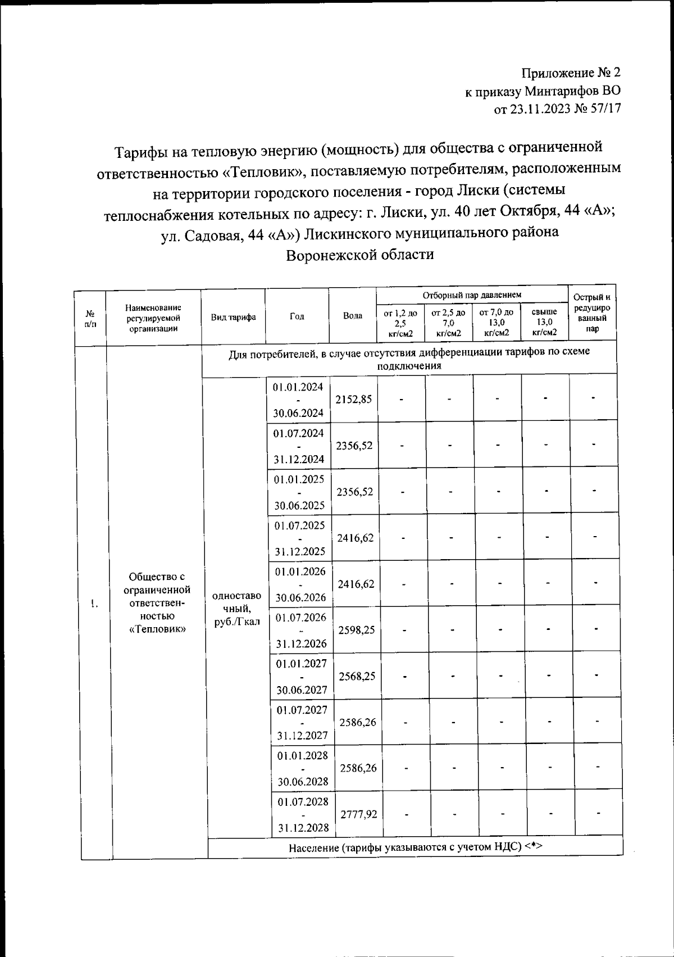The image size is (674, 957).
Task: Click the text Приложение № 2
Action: pos(571,72)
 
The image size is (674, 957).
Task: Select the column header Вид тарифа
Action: pos(233,317)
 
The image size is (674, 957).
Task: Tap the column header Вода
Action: pos(352,316)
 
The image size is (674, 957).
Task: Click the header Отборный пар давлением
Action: pos(472,295)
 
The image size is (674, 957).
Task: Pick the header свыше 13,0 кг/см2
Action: pos(544,321)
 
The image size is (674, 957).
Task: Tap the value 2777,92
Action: pos(359,814)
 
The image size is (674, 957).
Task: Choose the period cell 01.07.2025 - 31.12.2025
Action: pos(299,538)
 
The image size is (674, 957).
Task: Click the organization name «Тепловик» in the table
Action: pos(157,629)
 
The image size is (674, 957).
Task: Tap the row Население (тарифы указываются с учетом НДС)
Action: pos(415,847)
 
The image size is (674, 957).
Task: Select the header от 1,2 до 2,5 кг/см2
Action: pos(400,323)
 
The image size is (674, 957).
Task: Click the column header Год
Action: pos(297,316)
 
